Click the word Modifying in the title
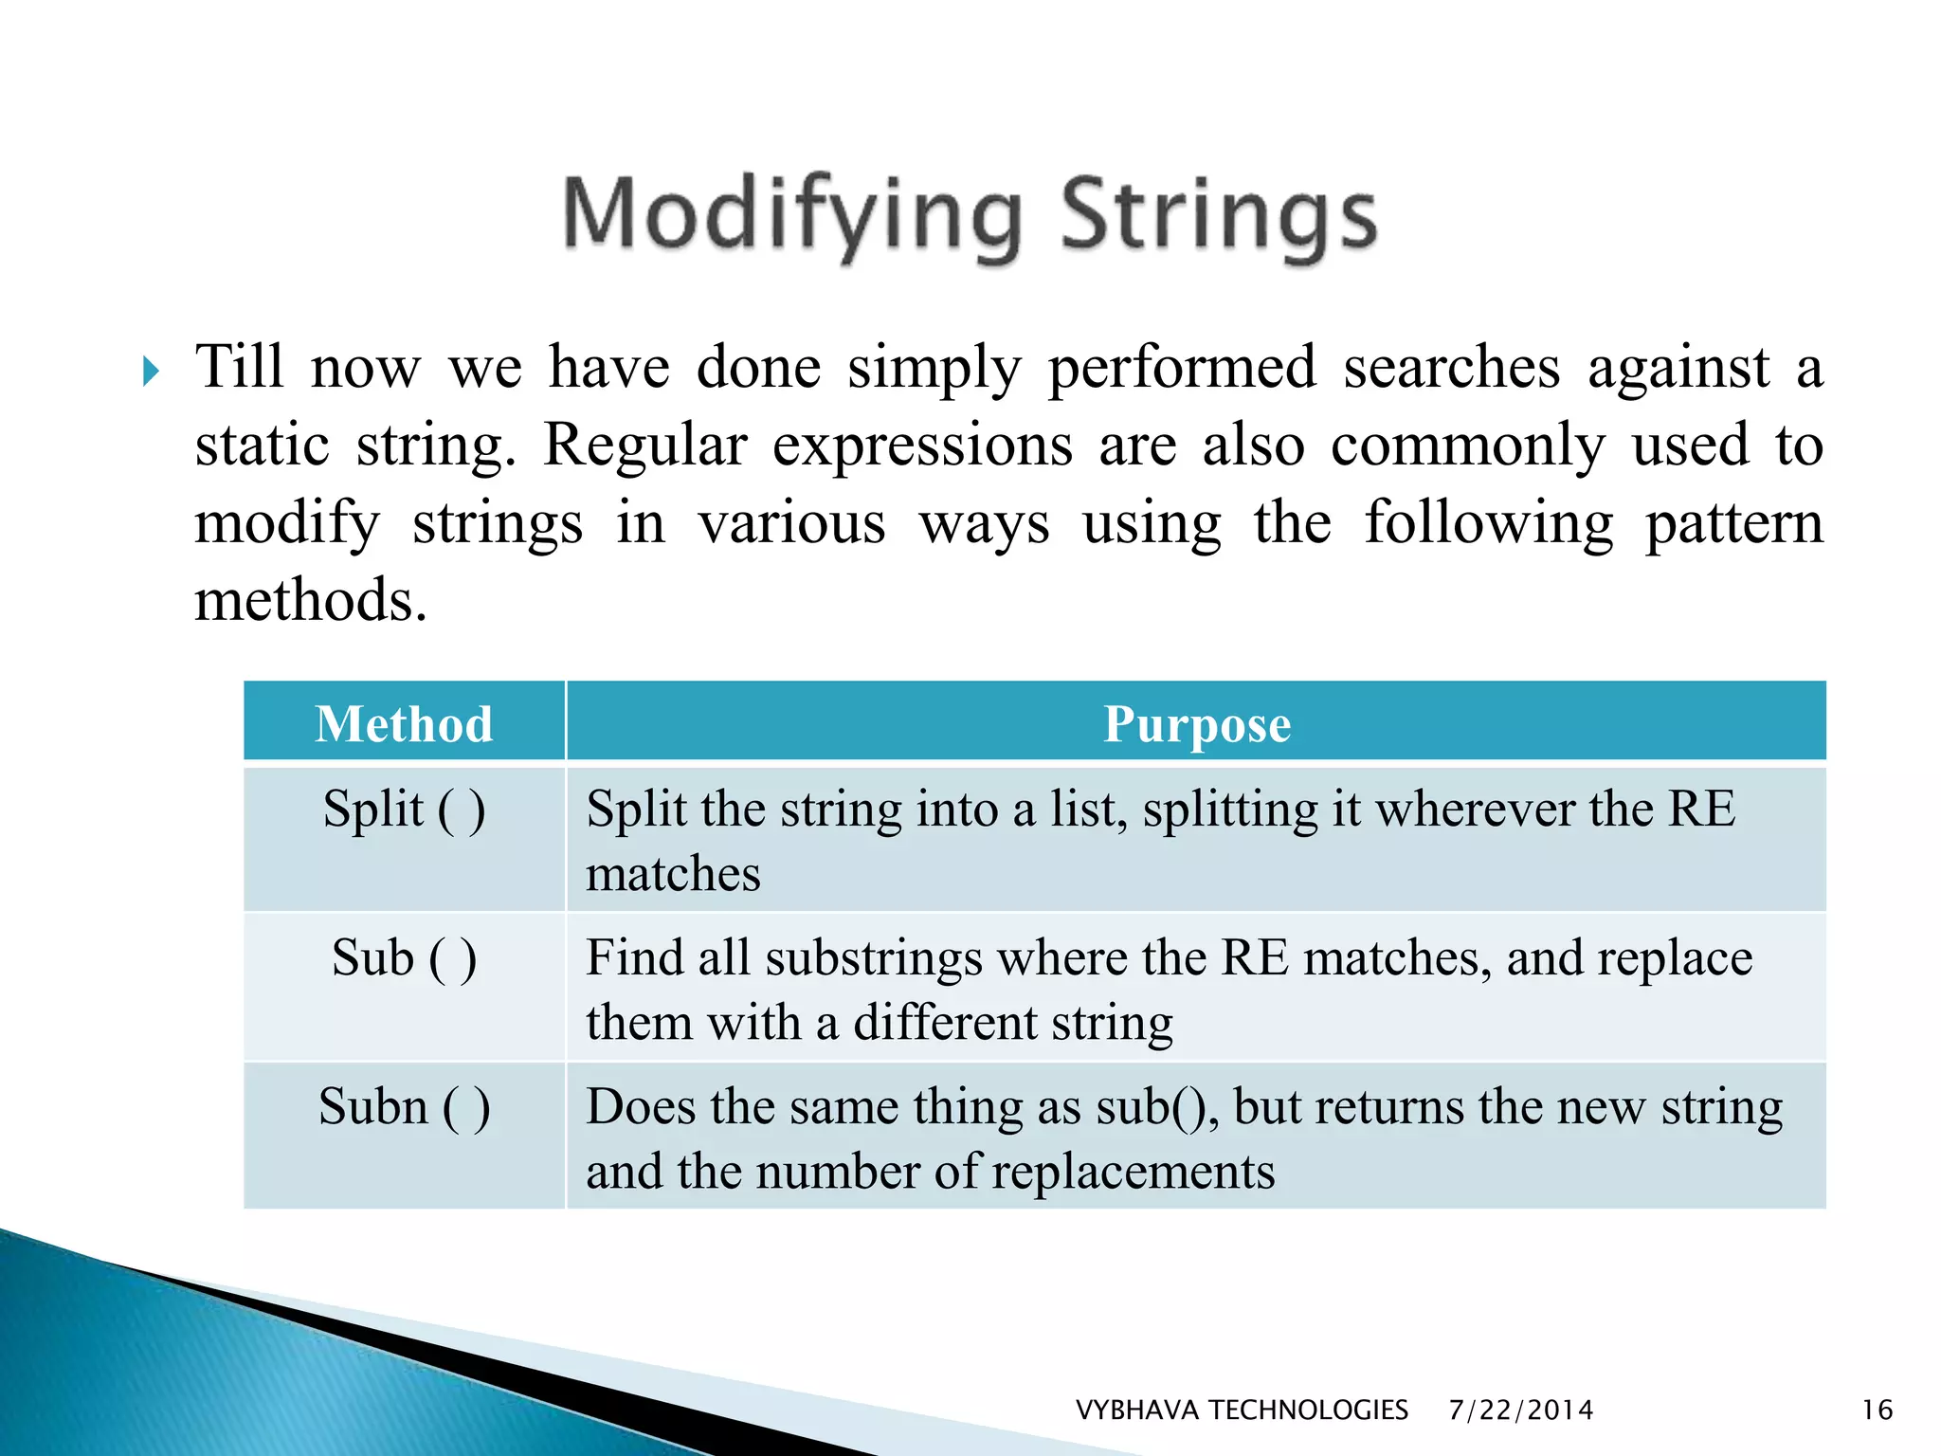pyautogui.click(x=792, y=216)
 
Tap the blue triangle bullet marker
pyautogui.click(x=151, y=371)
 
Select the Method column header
pyautogui.click(x=405, y=723)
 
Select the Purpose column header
pyautogui.click(x=1196, y=723)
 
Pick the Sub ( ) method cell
pyautogui.click(x=405, y=957)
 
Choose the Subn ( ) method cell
pyautogui.click(x=405, y=1106)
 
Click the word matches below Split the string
pyautogui.click(x=673, y=874)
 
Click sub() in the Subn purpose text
pyautogui.click(x=1156, y=1107)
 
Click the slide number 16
pyautogui.click(x=1877, y=1410)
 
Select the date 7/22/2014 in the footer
pyautogui.click(x=1520, y=1410)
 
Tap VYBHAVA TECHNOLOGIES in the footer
pyautogui.click(x=1242, y=1410)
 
